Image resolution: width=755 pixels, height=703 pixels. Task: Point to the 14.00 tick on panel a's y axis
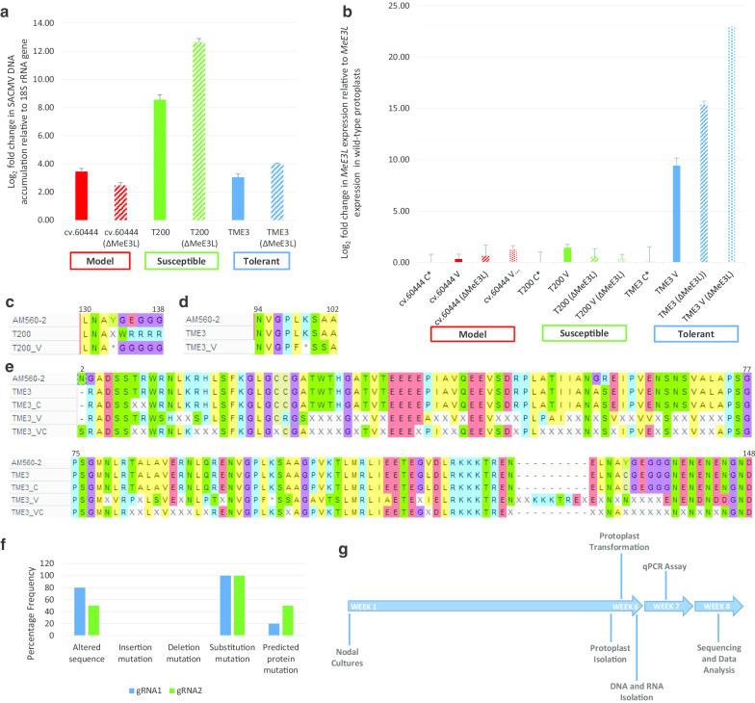(63, 15)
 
